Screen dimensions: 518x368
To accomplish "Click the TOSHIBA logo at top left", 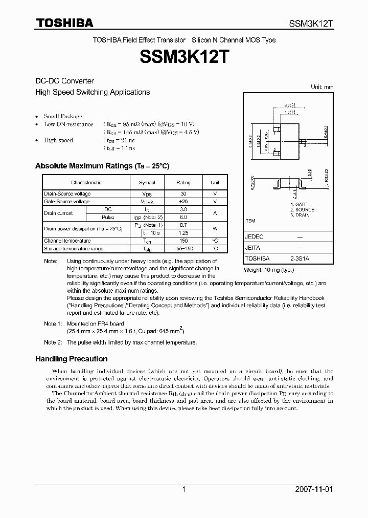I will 64,23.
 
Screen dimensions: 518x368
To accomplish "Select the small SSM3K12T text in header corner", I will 311,24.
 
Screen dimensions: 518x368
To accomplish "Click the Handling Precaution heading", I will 71,359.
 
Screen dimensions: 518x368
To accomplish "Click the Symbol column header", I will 147,182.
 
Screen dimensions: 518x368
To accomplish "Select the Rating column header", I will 183,182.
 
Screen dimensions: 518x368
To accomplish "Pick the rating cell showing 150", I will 183,241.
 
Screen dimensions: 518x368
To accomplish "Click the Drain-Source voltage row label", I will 67,194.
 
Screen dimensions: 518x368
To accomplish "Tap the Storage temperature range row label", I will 74,249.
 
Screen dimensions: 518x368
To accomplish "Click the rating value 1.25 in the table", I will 183,233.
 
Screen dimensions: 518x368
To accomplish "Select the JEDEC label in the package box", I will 254,237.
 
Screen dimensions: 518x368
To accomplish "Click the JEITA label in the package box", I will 253,248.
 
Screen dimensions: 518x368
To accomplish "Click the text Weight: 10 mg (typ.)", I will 268,269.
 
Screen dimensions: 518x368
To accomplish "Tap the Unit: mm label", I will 322,87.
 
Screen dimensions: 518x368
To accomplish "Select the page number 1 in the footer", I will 184,489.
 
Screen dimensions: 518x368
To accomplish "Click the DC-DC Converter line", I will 64,81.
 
